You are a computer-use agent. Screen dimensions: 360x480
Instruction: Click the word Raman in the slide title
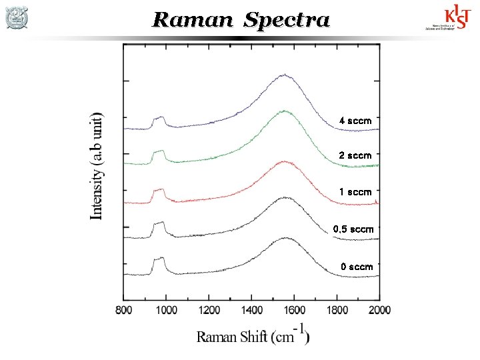tap(194, 20)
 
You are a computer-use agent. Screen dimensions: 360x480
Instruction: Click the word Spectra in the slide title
tap(287, 21)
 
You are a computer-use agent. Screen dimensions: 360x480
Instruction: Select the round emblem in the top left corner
tap(17, 18)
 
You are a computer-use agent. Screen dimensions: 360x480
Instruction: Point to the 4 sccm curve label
tap(355, 121)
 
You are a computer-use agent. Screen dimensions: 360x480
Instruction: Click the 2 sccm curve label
tap(355, 155)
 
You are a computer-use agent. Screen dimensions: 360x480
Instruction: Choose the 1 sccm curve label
tap(355, 192)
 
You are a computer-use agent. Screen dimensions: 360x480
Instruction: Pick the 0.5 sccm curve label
tap(353, 229)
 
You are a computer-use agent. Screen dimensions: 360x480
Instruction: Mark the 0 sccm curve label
tap(357, 267)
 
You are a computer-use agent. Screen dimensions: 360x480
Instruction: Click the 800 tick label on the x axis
tap(123, 309)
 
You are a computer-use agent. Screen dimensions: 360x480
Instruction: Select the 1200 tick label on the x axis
tap(209, 309)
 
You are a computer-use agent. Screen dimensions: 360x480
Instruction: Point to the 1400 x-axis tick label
tap(251, 309)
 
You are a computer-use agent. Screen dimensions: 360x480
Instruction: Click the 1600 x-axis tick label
tap(294, 309)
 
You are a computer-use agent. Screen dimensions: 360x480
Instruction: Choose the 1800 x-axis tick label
tap(337, 309)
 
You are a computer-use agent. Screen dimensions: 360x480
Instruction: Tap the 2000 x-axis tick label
tap(379, 309)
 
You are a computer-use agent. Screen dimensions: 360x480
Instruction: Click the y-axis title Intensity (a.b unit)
tap(97, 165)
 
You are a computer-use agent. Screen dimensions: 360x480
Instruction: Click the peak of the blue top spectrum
tap(285, 75)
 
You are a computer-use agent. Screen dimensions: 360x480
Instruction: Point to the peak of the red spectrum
tap(285, 161)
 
